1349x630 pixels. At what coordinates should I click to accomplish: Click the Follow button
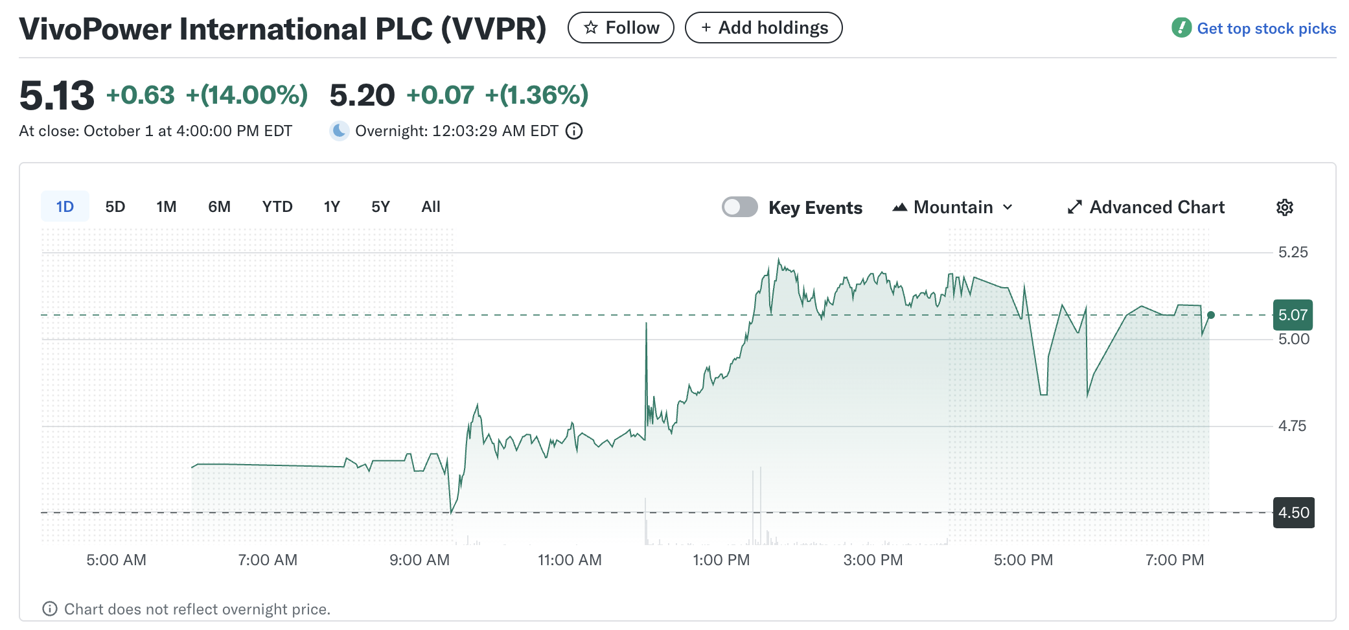pyautogui.click(x=621, y=28)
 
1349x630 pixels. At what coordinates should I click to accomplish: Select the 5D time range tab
pyautogui.click(x=115, y=207)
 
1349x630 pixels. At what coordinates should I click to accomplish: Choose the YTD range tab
pyautogui.click(x=277, y=207)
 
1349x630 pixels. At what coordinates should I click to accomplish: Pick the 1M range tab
pyautogui.click(x=167, y=207)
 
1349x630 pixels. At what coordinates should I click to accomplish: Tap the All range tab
pyautogui.click(x=431, y=207)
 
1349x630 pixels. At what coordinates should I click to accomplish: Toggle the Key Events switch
pyautogui.click(x=740, y=207)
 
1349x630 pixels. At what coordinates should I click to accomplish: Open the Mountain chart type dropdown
pyautogui.click(x=952, y=207)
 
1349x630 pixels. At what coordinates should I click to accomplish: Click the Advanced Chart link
pyautogui.click(x=1146, y=207)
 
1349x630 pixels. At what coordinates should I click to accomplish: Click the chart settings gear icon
pyautogui.click(x=1284, y=207)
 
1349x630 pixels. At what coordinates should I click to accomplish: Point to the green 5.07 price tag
pyautogui.click(x=1293, y=315)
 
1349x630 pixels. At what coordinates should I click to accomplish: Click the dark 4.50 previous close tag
pyautogui.click(x=1293, y=513)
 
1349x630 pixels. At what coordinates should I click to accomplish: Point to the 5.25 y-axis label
pyautogui.click(x=1293, y=252)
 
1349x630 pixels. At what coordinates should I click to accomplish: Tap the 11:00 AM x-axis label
pyautogui.click(x=570, y=560)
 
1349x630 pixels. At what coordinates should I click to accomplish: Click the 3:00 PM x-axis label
pyautogui.click(x=873, y=560)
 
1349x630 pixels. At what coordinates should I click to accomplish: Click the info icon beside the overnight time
pyautogui.click(x=574, y=132)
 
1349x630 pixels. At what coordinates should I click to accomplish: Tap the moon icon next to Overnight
pyautogui.click(x=339, y=131)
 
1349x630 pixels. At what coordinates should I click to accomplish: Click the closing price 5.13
pyautogui.click(x=57, y=95)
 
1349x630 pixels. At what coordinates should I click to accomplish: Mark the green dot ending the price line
pyautogui.click(x=1210, y=315)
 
